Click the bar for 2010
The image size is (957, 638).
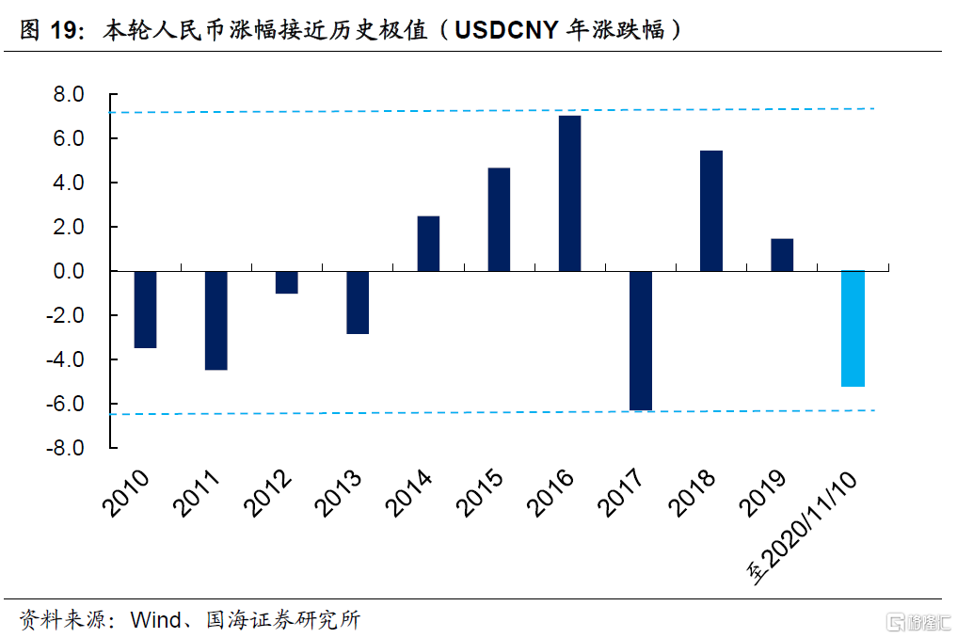coord(145,310)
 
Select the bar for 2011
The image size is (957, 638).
coord(215,320)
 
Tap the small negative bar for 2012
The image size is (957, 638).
coord(286,282)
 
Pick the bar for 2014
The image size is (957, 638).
coord(428,244)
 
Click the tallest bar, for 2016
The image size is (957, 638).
coord(569,193)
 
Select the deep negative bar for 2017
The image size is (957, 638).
coord(641,341)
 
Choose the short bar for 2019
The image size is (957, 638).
coord(782,255)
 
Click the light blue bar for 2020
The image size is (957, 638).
coord(853,328)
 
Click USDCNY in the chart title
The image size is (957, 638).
coord(504,30)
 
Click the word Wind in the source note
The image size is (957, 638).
coord(153,620)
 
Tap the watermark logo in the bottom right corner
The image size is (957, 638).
coord(917,621)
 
